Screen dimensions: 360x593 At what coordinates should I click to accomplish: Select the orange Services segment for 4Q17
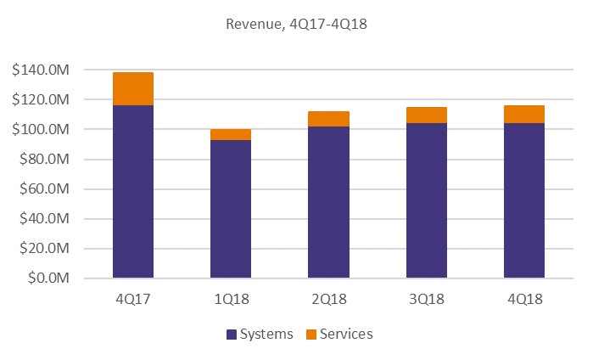click(133, 89)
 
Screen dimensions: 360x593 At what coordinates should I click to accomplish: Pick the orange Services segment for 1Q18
click(231, 134)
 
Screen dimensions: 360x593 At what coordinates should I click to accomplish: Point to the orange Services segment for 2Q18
click(328, 119)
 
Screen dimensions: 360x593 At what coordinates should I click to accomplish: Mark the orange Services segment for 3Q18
click(427, 115)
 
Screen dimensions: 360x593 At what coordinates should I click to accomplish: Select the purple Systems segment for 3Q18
click(427, 200)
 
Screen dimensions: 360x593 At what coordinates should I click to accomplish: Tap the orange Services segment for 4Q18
click(524, 114)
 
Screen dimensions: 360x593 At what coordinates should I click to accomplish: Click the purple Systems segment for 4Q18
click(524, 200)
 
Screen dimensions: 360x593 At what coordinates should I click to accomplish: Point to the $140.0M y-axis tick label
click(48, 70)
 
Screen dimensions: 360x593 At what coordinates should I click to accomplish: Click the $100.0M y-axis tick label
click(48, 130)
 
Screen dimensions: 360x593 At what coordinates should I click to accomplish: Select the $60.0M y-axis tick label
click(51, 189)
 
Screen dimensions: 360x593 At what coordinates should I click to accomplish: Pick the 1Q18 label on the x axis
click(231, 300)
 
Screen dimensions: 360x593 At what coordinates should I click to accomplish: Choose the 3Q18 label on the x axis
click(427, 300)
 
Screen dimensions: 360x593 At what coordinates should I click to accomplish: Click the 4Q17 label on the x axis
click(133, 300)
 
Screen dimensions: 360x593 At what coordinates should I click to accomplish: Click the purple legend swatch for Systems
click(232, 334)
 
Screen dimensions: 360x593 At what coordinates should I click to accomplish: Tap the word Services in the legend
click(344, 334)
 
